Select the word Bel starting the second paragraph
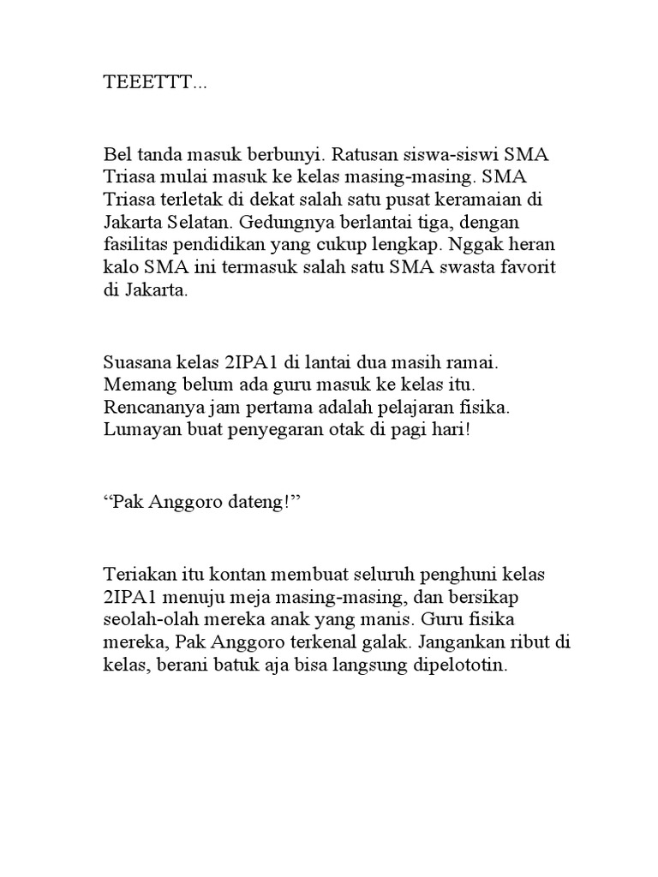tap(117, 157)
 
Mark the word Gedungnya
tap(282, 224)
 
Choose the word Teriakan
tap(136, 571)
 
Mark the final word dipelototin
tap(464, 660)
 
